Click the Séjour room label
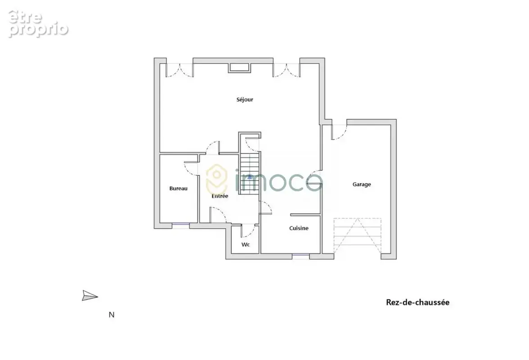(x=244, y=100)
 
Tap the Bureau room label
(x=178, y=189)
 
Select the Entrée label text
(x=220, y=196)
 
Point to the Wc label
(x=246, y=244)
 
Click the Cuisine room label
(x=299, y=228)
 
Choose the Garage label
(x=362, y=184)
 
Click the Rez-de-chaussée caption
(x=418, y=302)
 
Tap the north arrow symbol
(x=90, y=296)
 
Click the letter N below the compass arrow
(x=112, y=315)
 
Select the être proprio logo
(x=38, y=23)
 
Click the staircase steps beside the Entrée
(x=250, y=173)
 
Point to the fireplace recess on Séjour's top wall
(x=240, y=67)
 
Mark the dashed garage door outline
(x=357, y=236)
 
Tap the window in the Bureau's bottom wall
(x=181, y=224)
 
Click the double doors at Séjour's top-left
(x=180, y=70)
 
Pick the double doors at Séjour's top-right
(x=286, y=70)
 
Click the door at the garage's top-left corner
(x=339, y=132)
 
